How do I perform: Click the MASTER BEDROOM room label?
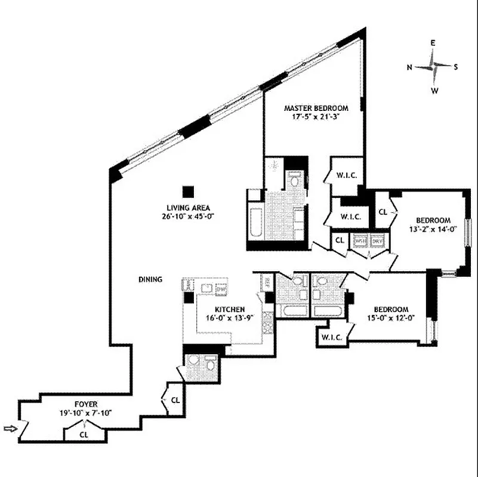tap(316, 108)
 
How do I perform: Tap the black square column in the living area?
tap(188, 191)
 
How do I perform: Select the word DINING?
tap(149, 279)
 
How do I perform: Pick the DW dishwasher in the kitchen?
tap(220, 289)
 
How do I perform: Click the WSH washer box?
tap(360, 241)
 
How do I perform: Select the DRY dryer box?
tap(378, 241)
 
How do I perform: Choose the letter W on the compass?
tap(434, 91)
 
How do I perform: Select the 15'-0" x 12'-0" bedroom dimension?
tap(391, 318)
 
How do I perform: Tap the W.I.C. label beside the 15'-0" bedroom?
tap(331, 337)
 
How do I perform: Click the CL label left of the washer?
tap(339, 240)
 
